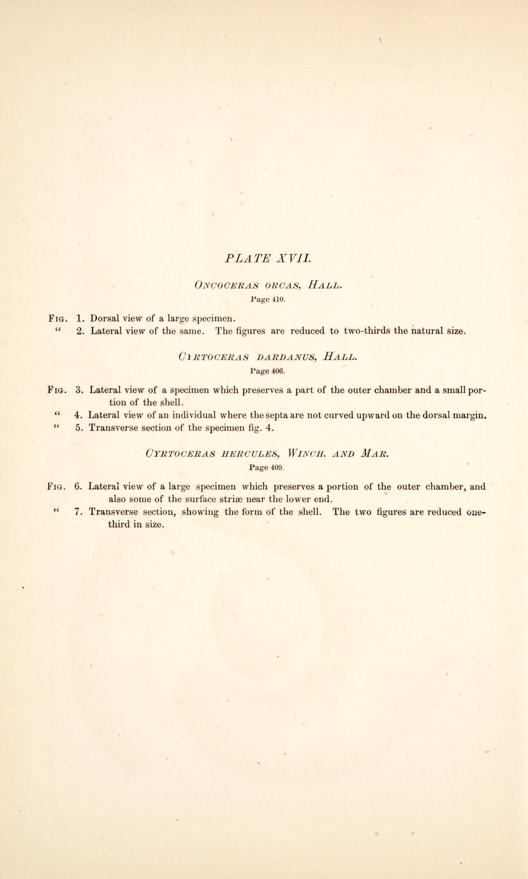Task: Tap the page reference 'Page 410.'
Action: pos(267,298)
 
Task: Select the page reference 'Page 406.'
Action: pos(267,370)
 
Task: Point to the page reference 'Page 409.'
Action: pos(267,467)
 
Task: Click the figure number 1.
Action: pos(80,318)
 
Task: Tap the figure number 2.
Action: pos(80,331)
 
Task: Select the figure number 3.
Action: pos(79,389)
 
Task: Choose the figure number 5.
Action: pos(79,427)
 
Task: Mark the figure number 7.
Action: pos(78,511)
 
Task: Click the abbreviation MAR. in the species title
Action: pos(370,454)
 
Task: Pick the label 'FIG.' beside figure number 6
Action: pos(58,487)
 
